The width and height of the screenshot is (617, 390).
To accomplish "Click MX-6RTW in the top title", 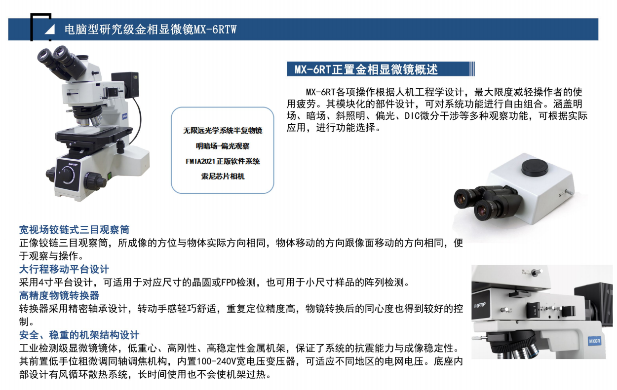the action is click(x=215, y=30).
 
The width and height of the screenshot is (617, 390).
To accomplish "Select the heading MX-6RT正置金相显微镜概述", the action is click(x=366, y=69).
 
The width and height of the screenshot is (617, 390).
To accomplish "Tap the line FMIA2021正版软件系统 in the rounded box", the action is click(x=223, y=161).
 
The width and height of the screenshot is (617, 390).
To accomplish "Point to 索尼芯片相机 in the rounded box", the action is click(x=223, y=176).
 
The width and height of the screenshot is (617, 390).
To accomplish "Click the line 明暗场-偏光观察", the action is click(x=223, y=146).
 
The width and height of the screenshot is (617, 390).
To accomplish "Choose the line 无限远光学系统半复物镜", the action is click(x=223, y=131).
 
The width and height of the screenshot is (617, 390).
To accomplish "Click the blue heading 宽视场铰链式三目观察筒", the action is click(x=74, y=230).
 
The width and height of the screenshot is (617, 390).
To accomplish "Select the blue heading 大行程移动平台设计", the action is click(x=64, y=269).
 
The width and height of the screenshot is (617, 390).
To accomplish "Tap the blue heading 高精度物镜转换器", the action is click(x=59, y=296).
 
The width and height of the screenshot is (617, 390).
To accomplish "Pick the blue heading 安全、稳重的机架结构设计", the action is click(x=79, y=335).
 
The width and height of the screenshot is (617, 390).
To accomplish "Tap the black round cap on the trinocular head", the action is click(x=535, y=167).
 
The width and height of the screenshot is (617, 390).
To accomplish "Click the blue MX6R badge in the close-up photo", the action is click(x=594, y=341).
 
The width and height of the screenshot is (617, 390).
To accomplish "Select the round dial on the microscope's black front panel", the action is click(x=67, y=175).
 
